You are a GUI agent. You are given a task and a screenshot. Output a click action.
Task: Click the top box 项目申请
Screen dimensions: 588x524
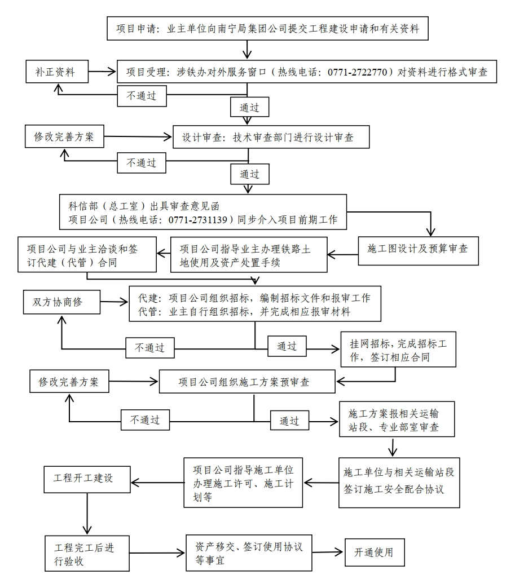tap(267, 28)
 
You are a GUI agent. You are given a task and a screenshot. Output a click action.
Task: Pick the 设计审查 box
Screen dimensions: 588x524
tap(268, 137)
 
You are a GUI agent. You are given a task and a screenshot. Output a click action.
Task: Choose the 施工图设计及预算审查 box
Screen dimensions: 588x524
tap(418, 249)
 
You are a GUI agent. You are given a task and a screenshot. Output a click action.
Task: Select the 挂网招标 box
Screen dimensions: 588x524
tap(398, 350)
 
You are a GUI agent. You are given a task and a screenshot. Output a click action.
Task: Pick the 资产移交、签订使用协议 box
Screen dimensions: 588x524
tap(249, 553)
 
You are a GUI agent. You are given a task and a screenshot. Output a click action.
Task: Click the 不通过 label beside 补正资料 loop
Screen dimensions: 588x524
tap(142, 96)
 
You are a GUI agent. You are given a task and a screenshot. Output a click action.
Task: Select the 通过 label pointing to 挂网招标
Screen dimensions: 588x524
tap(287, 346)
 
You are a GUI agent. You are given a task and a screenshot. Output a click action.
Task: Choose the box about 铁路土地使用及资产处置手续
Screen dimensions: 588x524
tap(248, 255)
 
